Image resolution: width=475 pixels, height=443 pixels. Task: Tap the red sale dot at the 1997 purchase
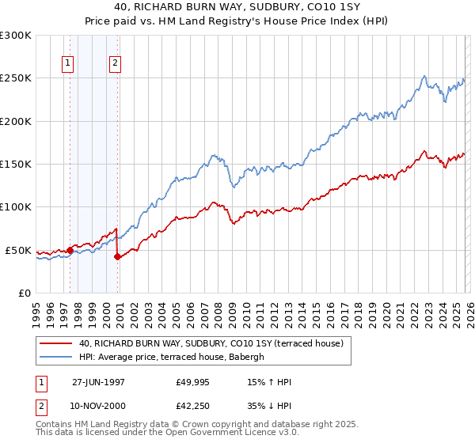[x=70, y=250]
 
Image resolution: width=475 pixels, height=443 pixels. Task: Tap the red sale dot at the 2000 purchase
[x=117, y=256]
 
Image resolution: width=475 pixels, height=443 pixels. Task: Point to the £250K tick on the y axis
[x=16, y=78]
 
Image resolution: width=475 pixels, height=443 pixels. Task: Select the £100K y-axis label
[x=16, y=207]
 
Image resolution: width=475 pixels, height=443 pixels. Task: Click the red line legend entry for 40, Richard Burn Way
[x=211, y=343]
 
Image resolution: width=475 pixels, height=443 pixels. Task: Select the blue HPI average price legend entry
[x=176, y=358]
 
